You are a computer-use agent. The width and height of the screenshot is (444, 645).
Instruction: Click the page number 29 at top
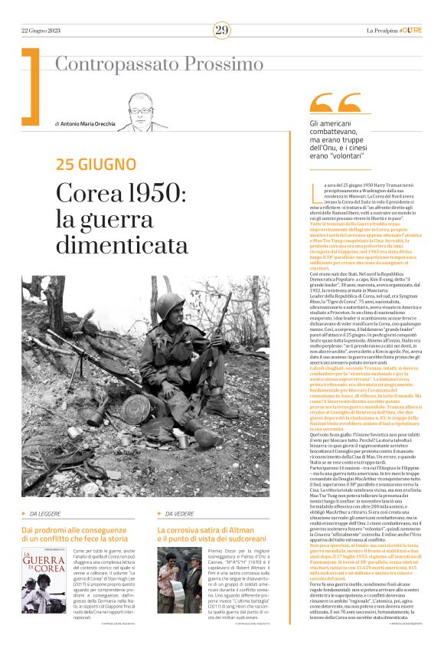pyautogui.click(x=221, y=30)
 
